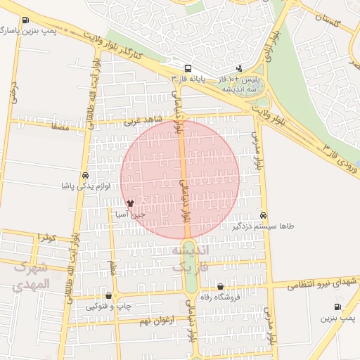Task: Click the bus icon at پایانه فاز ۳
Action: click(x=188, y=69)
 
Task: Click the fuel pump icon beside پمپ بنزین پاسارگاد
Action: click(x=26, y=20)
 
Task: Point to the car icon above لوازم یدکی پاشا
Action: click(x=85, y=176)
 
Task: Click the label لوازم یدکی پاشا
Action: click(x=85, y=186)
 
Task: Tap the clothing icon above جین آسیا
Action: click(x=130, y=203)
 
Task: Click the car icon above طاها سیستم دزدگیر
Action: click(x=264, y=215)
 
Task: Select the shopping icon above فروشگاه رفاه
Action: click(x=221, y=287)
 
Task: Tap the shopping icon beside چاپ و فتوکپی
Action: click(x=108, y=295)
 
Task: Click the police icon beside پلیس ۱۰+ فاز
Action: click(x=239, y=69)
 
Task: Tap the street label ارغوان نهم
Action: click(x=155, y=321)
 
